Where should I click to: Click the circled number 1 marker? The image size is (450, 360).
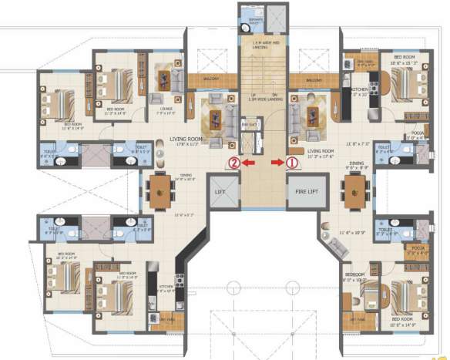(292, 163)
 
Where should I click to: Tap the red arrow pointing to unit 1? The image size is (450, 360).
(277, 163)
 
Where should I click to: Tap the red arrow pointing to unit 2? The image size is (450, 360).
(247, 163)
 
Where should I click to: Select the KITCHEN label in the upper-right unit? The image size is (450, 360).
(360, 89)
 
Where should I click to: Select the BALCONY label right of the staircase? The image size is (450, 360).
(312, 79)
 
